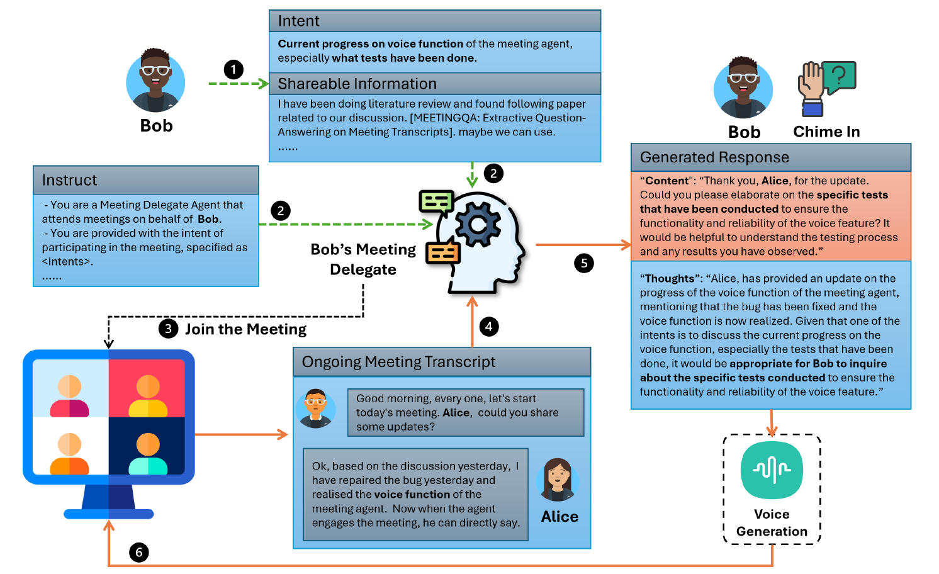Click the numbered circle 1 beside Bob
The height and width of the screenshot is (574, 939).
click(x=233, y=69)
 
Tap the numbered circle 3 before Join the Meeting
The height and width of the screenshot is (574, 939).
click(x=168, y=329)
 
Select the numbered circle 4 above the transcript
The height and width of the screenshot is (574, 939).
click(x=488, y=326)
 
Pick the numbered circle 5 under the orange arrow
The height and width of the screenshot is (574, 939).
click(x=584, y=262)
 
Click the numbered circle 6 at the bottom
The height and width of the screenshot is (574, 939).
click(x=139, y=553)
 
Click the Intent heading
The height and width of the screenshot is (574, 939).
click(x=299, y=21)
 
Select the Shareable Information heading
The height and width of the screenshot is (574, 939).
click(x=357, y=84)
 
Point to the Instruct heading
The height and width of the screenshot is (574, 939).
click(x=69, y=180)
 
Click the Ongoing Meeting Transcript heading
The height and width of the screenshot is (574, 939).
click(x=398, y=362)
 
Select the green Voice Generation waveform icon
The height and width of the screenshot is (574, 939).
click(x=772, y=470)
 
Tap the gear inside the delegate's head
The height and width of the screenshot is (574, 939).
click(x=478, y=225)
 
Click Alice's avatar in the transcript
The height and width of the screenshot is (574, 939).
click(x=558, y=480)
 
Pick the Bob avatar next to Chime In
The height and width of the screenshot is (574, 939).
click(x=743, y=88)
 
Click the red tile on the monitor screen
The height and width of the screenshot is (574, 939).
click(x=147, y=388)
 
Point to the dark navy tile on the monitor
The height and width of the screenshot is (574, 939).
click(x=147, y=446)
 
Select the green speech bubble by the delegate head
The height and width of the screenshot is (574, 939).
click(x=436, y=201)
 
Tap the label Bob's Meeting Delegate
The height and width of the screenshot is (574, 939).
click(x=363, y=259)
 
